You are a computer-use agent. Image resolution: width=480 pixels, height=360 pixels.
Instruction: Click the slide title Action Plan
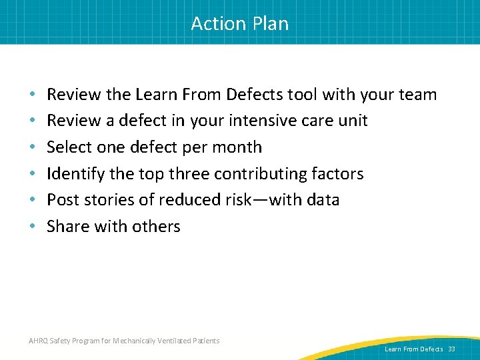[240, 23]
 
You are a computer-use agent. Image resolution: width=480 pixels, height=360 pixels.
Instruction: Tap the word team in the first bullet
[418, 95]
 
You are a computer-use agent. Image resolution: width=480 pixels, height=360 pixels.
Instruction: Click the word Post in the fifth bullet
[63, 200]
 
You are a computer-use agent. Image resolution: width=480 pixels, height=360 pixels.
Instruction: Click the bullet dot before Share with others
[33, 227]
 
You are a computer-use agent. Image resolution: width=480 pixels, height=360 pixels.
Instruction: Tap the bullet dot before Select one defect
[33, 147]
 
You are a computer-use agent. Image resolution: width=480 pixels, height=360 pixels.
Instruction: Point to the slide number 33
[452, 349]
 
